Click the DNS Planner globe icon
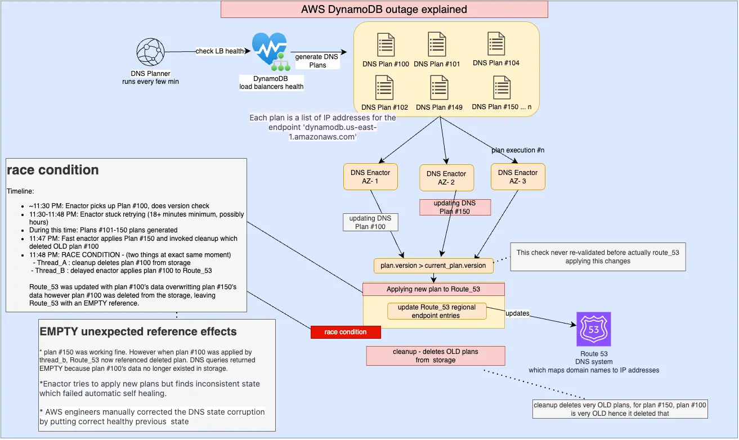(150, 52)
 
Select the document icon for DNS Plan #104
(496, 43)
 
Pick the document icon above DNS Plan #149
(439, 87)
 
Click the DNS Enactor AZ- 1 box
(370, 177)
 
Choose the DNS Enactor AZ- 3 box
(518, 177)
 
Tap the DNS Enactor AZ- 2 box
(446, 178)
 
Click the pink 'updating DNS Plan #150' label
(455, 207)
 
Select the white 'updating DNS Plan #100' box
(370, 222)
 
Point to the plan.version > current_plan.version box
(433, 266)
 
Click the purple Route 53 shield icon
(594, 329)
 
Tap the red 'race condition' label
(346, 332)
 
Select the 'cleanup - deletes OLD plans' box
(436, 356)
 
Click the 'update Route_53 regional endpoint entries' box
(436, 311)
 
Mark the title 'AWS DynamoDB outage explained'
(384, 9)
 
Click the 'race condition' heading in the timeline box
(53, 170)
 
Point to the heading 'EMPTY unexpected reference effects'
(138, 331)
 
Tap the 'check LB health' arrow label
(220, 51)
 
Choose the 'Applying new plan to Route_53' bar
(433, 289)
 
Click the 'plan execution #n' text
(518, 150)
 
